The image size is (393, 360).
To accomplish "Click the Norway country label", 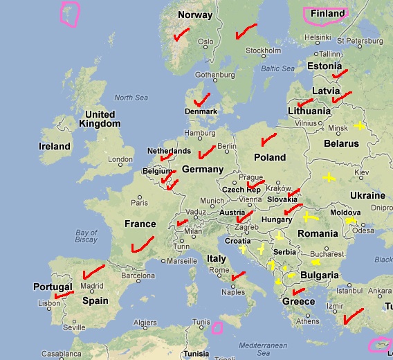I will [195, 15].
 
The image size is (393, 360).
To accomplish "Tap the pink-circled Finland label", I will [327, 14].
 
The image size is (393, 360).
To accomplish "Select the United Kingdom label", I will [100, 118].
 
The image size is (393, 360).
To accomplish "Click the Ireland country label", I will [55, 146].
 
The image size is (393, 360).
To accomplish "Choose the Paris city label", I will [140, 203].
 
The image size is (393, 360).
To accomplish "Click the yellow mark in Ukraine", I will [328, 178].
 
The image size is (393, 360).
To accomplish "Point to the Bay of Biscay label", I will [86, 237].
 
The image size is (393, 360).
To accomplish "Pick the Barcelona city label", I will [137, 275].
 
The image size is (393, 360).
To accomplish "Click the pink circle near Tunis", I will [217, 327].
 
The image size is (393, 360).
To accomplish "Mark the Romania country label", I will [318, 233].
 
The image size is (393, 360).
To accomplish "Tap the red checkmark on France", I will [141, 244].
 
